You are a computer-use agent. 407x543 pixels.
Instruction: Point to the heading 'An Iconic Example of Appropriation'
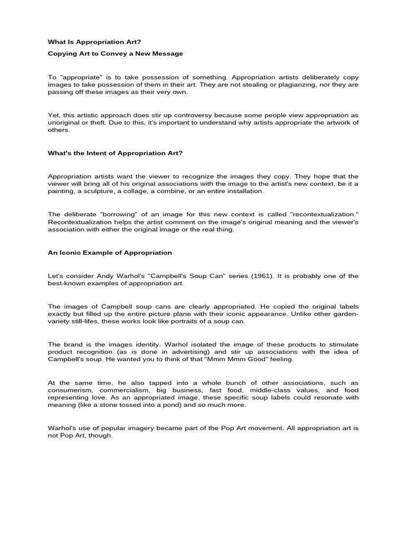(110, 252)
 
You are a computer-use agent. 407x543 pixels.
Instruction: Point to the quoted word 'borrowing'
(101, 214)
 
